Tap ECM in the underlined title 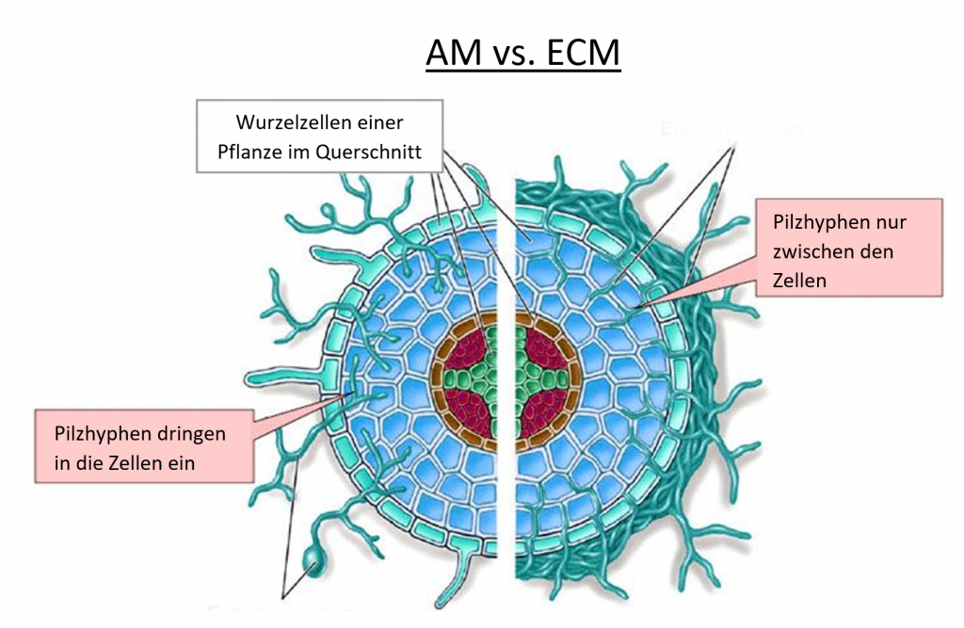click(x=581, y=54)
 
